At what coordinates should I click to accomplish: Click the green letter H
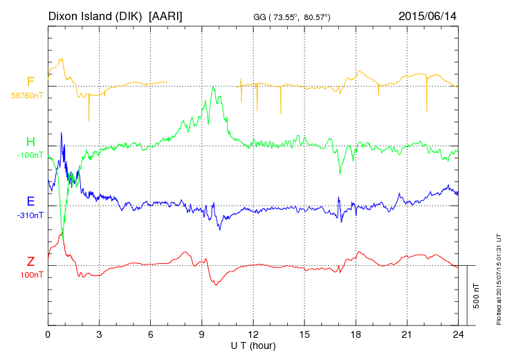coord(30,142)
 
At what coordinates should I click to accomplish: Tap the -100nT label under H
coord(30,155)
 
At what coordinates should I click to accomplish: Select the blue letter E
coord(30,202)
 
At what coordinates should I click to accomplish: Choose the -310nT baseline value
coord(30,215)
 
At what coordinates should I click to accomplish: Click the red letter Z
coord(30,262)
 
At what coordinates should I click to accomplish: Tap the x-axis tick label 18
coord(356,334)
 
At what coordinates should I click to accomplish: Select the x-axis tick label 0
coord(48,334)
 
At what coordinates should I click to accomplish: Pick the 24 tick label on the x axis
coord(458,334)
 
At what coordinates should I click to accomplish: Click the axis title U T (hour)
coord(253,345)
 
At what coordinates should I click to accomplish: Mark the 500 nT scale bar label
coord(476,296)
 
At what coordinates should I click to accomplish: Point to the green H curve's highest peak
coord(213,87)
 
